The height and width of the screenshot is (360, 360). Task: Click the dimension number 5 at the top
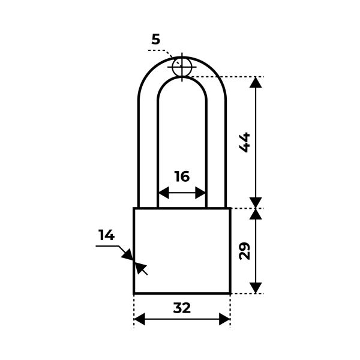point(155,39)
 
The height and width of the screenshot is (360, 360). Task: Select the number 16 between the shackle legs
point(182,176)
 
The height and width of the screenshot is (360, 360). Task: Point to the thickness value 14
point(106,235)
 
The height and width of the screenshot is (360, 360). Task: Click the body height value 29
point(245,251)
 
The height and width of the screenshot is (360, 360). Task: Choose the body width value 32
point(182,308)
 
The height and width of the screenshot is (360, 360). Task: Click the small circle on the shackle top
point(182,67)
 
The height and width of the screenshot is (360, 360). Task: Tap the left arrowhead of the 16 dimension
point(164,193)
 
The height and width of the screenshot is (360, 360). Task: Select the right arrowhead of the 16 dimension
point(200,193)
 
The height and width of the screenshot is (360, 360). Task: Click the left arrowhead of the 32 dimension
point(140,319)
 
